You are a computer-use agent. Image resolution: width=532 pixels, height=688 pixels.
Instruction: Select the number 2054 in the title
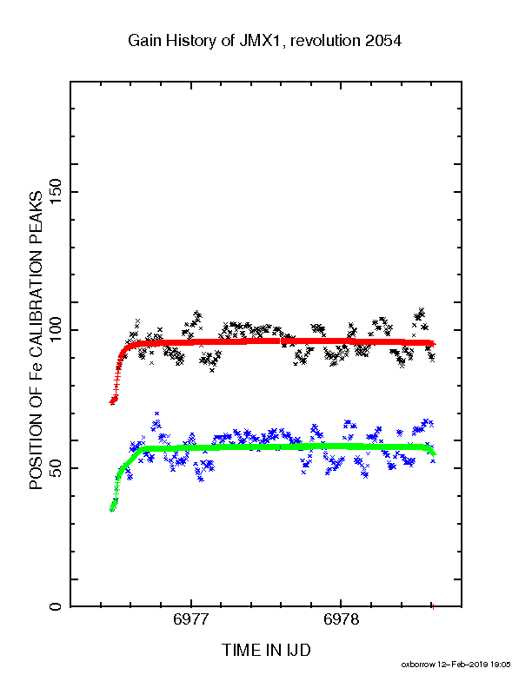[x=382, y=41]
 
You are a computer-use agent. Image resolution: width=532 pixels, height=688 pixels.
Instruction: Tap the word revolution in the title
[x=325, y=41]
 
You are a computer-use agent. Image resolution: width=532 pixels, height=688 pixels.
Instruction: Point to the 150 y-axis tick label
[x=56, y=192]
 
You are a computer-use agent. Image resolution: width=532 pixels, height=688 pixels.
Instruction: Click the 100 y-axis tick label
[x=56, y=330]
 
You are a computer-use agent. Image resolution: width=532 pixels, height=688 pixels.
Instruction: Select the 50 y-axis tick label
[x=56, y=468]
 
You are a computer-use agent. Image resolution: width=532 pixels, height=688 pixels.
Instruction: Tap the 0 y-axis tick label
[x=56, y=606]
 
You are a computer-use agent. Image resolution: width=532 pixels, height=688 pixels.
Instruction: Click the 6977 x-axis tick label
[x=191, y=619]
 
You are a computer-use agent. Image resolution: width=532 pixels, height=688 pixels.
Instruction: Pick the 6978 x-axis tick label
[x=341, y=619]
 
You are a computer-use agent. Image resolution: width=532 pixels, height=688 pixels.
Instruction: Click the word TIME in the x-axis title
[x=240, y=651]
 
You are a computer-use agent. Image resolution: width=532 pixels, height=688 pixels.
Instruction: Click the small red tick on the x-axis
[x=433, y=607]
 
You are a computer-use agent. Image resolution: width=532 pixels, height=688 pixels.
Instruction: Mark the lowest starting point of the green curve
[x=112, y=509]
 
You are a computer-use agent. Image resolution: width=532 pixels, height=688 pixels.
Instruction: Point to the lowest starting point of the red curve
[x=112, y=402]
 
